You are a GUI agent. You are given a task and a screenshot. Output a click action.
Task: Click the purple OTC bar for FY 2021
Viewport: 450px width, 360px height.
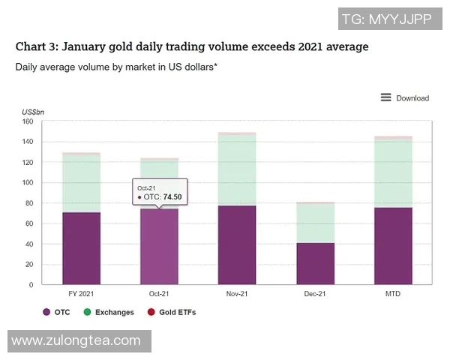click(x=81, y=248)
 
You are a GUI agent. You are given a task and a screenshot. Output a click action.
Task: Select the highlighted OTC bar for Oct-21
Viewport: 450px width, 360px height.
click(x=159, y=247)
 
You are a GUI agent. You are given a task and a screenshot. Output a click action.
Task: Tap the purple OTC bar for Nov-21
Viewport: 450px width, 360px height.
click(x=236, y=245)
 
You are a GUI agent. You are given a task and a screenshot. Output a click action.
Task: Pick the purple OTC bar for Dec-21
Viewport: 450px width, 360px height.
click(x=315, y=264)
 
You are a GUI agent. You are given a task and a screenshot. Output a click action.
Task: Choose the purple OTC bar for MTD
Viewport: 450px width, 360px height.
click(x=393, y=246)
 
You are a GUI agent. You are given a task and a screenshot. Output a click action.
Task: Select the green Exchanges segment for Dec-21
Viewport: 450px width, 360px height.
click(x=315, y=223)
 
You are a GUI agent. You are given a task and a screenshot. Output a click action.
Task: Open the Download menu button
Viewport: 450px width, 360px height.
click(x=405, y=97)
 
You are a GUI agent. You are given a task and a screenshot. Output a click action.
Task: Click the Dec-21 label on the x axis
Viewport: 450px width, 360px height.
click(x=315, y=294)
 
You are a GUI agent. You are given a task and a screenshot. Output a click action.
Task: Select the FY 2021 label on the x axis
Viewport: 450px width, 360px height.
click(x=81, y=294)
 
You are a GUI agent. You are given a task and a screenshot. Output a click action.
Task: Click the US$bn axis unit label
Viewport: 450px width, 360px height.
click(x=32, y=112)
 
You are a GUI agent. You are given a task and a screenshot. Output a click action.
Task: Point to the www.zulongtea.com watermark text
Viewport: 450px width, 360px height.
click(x=76, y=340)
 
